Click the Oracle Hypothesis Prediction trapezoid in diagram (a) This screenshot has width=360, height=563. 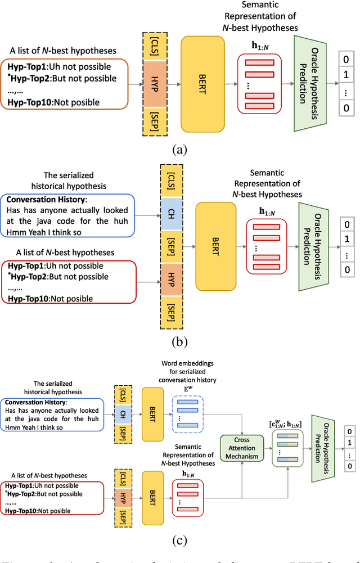pos(310,83)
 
